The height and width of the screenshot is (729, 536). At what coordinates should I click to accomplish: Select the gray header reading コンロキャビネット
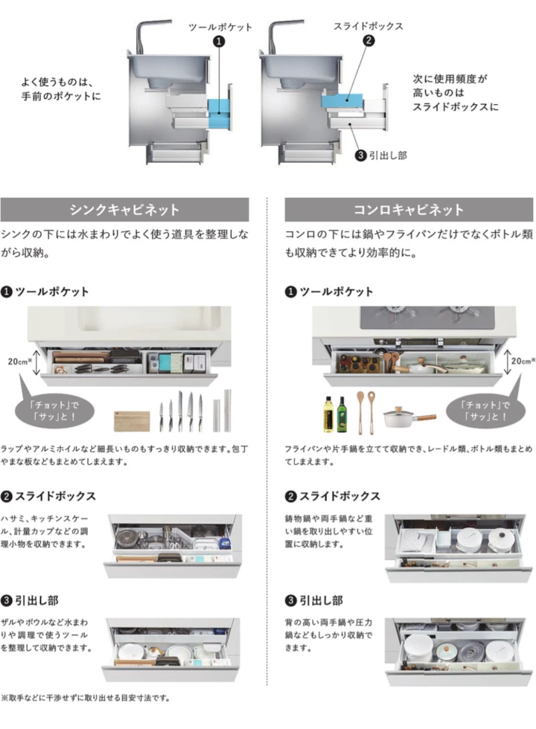pyautogui.click(x=408, y=209)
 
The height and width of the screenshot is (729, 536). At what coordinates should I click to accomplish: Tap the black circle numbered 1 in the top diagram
pyautogui.click(x=219, y=42)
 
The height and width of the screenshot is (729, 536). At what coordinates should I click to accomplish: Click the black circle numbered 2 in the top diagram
pyautogui.click(x=367, y=42)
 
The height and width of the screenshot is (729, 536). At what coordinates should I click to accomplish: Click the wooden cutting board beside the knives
pyautogui.click(x=132, y=421)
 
